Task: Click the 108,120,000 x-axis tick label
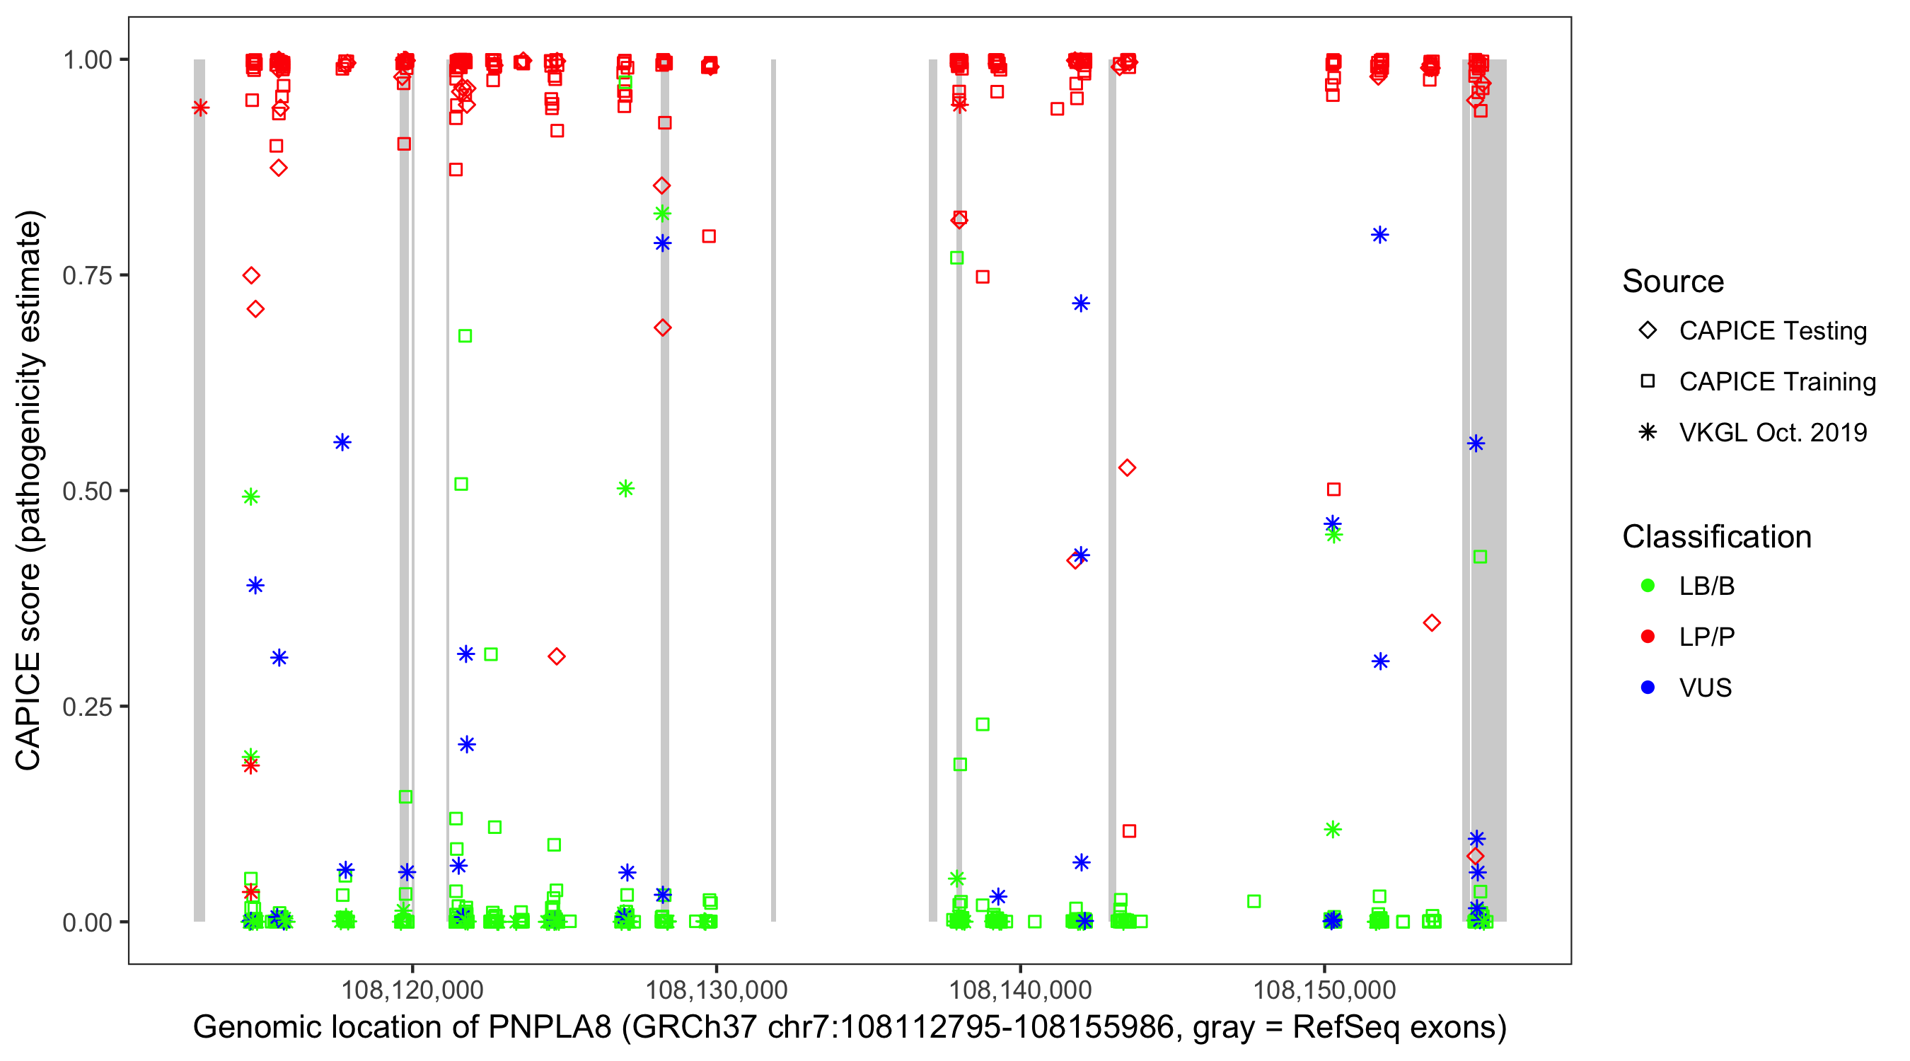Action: [412, 989]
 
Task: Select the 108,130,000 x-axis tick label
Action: [715, 989]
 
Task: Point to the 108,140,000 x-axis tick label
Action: [1020, 989]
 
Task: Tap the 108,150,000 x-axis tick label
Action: [1324, 989]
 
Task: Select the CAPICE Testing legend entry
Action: [1772, 331]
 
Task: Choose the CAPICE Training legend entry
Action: [1776, 382]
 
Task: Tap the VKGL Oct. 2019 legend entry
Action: [1772, 432]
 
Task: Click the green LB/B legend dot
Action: [1648, 586]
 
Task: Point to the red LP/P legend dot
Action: [1648, 637]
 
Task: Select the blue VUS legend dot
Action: [1648, 688]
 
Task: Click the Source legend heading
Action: [1673, 282]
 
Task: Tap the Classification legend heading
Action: [1716, 537]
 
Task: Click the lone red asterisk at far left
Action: [199, 108]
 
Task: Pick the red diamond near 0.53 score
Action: [1127, 468]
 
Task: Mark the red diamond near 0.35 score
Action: [1432, 623]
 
